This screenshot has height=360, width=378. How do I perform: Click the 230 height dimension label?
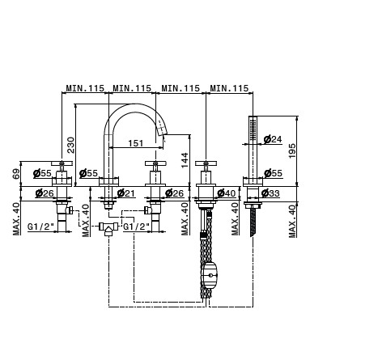[x=70, y=145]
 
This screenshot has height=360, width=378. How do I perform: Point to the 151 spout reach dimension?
[x=135, y=143]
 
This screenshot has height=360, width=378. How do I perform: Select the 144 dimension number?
[x=185, y=160]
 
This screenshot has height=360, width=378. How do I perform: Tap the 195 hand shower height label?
[x=292, y=151]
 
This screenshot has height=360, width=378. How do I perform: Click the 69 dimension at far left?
[x=16, y=174]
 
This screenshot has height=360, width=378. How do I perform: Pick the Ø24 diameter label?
[x=273, y=139]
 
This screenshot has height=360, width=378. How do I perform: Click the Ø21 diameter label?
[x=126, y=193]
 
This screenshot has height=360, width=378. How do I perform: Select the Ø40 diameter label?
[x=227, y=193]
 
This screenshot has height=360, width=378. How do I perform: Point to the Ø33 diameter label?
[x=270, y=193]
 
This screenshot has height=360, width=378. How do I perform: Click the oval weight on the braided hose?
[x=210, y=275]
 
